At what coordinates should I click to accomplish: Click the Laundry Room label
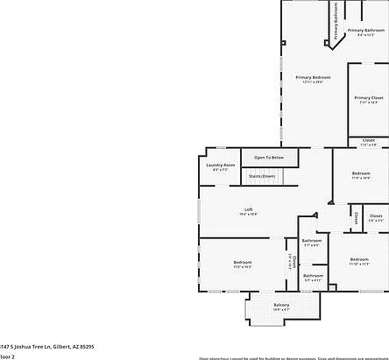tap(221, 165)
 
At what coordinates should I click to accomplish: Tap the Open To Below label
tap(269, 157)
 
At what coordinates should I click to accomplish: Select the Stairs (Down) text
tap(262, 176)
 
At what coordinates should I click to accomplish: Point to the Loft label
tap(249, 208)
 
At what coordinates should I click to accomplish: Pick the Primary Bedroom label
tap(313, 77)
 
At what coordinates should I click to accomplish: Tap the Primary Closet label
tap(369, 97)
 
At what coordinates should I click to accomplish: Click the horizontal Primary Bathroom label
tap(366, 30)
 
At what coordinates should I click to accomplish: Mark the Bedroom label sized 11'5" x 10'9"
tap(361, 173)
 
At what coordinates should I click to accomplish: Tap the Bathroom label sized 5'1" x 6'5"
tap(312, 240)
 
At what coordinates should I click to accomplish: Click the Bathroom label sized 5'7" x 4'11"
tap(313, 276)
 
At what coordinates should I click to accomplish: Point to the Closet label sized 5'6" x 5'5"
tap(375, 215)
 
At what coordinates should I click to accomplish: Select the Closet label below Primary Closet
tap(368, 140)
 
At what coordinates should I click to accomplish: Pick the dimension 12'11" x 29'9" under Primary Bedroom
tap(313, 82)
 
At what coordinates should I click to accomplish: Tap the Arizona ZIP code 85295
tap(86, 346)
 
